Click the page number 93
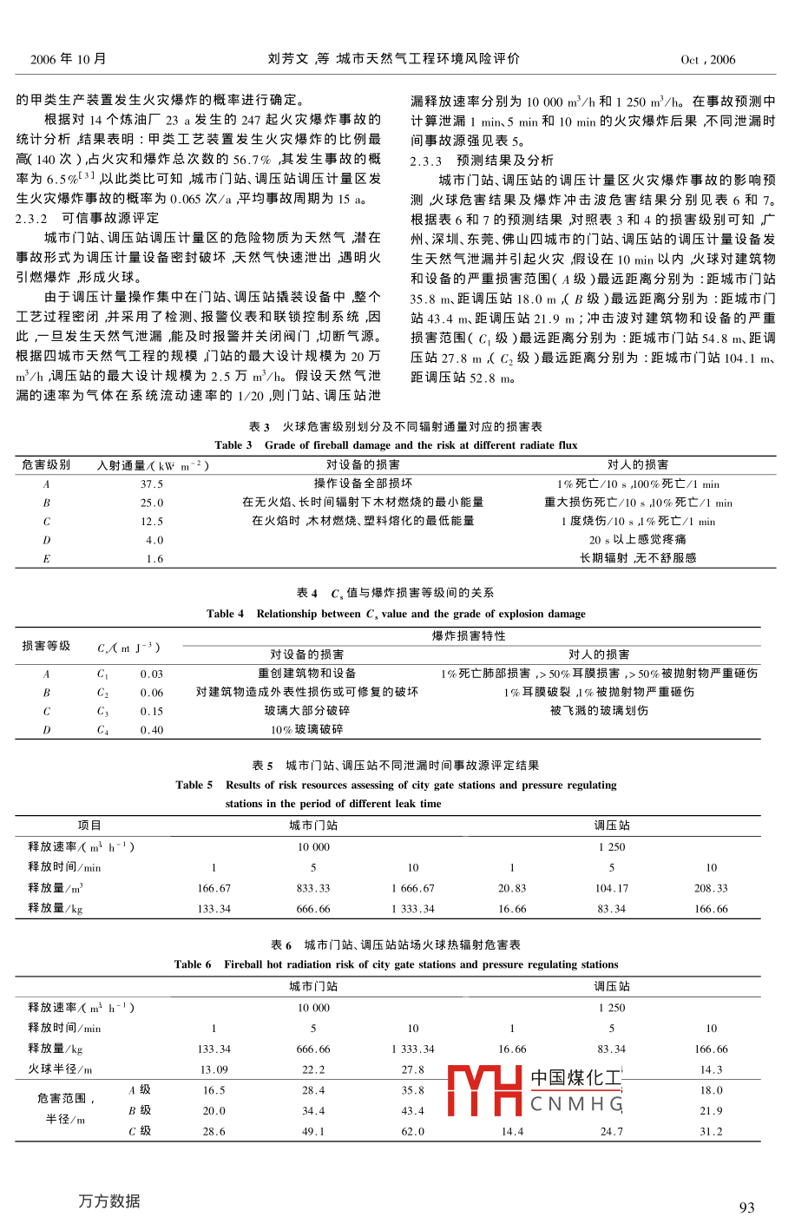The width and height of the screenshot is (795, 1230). tap(746, 1207)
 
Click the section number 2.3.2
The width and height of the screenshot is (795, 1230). tap(31, 218)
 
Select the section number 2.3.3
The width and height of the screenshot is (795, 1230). tap(426, 161)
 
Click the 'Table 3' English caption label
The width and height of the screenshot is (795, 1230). tap(233, 445)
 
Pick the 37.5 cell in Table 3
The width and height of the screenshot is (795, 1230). tap(152, 484)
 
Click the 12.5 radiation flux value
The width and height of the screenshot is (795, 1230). tap(152, 522)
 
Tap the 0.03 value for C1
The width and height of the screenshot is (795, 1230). tap(152, 674)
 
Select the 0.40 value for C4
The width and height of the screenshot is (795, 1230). tap(152, 730)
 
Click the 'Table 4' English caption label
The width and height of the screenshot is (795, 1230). tap(225, 614)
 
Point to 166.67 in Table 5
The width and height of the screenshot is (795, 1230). tap(214, 888)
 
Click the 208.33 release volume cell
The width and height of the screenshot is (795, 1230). tap(711, 888)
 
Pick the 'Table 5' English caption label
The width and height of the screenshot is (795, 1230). tap(194, 785)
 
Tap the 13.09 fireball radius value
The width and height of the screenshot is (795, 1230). tap(214, 1069)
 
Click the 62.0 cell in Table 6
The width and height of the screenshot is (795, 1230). tap(413, 1131)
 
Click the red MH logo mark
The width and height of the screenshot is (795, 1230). tap(484, 1090)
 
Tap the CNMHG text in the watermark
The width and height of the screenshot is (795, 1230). tap(576, 1104)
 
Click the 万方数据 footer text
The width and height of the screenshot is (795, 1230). tap(108, 1201)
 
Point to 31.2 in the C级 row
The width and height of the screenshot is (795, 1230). tap(711, 1131)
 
